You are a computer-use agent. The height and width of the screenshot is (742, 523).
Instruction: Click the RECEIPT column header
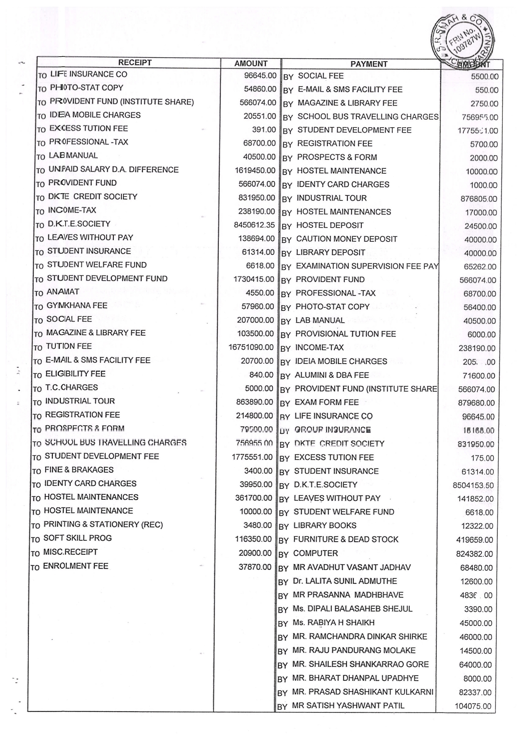pyautogui.click(x=135, y=63)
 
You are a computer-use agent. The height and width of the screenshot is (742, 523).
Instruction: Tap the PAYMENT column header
pyautogui.click(x=369, y=64)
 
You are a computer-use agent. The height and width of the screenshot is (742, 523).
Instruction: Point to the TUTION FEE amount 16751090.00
pyautogui.click(x=251, y=347)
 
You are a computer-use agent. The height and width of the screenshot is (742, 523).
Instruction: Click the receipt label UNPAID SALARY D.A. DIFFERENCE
pyautogui.click(x=113, y=170)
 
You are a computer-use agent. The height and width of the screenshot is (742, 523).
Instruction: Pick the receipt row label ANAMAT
pyautogui.click(x=63, y=292)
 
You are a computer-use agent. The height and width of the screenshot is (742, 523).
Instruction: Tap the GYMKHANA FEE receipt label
pyautogui.click(x=77, y=305)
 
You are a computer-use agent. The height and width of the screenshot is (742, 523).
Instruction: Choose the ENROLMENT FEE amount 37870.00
pyautogui.click(x=255, y=567)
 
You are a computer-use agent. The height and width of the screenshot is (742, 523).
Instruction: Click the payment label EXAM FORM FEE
pyautogui.click(x=327, y=402)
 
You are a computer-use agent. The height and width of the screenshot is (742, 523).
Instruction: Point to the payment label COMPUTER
pyautogui.click(x=315, y=553)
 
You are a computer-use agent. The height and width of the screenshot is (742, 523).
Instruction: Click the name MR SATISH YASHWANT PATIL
pyautogui.click(x=348, y=705)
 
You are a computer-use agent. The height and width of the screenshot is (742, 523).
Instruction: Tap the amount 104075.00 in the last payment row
pyautogui.click(x=473, y=706)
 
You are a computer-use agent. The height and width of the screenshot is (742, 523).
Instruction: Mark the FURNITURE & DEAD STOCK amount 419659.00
pyautogui.click(x=474, y=540)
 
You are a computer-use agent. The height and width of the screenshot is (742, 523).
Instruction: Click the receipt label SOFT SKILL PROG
pyautogui.click(x=77, y=538)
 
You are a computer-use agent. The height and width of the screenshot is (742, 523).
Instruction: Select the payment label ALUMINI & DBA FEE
pyautogui.click(x=332, y=375)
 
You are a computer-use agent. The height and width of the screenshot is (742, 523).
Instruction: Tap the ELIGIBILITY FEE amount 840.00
pyautogui.click(x=261, y=375)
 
